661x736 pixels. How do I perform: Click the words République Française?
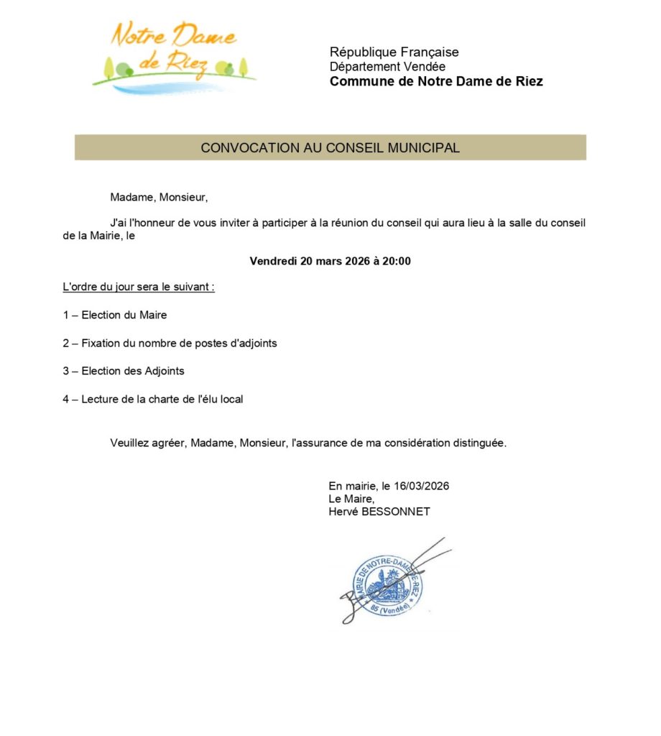[x=394, y=52]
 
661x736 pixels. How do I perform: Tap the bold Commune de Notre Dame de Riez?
[x=436, y=81]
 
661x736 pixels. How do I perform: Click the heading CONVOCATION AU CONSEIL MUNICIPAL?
[x=330, y=147]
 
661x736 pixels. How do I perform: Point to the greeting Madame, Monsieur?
[x=159, y=197]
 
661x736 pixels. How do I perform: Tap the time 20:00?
[x=397, y=261]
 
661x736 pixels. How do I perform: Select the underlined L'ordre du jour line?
[x=139, y=287]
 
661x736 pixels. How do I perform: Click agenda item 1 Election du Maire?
[x=115, y=315]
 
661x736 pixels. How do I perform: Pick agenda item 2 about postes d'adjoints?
[x=170, y=343]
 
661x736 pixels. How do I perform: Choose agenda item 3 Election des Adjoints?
[x=124, y=371]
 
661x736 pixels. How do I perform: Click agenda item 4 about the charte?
[x=153, y=399]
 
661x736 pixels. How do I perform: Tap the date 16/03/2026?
[x=427, y=486]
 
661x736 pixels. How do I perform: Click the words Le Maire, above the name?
[x=351, y=499]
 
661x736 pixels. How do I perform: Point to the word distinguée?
[x=481, y=443]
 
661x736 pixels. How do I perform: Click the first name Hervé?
[x=342, y=512]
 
